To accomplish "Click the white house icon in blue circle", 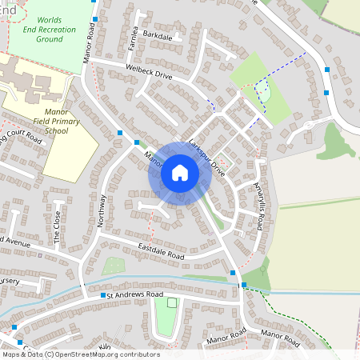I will pyautogui.click(x=179, y=172).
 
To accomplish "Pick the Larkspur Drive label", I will pyautogui.click(x=209, y=156).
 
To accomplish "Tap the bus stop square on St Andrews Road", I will pyautogui.click(x=103, y=296).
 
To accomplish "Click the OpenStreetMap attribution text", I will pyautogui.click(x=81, y=354).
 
